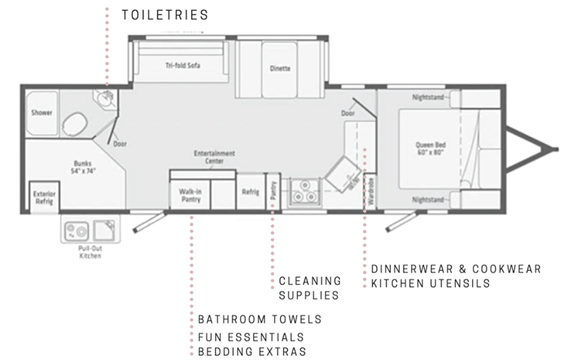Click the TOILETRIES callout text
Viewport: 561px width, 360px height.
pos(165,15)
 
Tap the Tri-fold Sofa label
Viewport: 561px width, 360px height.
pos(183,65)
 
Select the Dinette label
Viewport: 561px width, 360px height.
pos(280,68)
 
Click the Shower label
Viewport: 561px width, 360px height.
pos(41,113)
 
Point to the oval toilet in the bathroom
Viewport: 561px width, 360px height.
pos(74,124)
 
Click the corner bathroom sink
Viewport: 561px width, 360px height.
pos(106,98)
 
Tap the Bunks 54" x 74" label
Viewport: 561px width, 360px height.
pos(83,167)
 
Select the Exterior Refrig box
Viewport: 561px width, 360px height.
pos(45,197)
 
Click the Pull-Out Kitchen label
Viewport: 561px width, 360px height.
pos(90,252)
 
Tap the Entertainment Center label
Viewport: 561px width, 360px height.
pos(214,157)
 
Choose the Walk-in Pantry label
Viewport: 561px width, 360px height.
pos(190,196)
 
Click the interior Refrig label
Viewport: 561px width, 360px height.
pos(250,192)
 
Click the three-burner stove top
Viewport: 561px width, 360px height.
pos(304,193)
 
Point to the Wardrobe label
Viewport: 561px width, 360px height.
pos(371,191)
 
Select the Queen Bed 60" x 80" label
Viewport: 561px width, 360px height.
pos(431,148)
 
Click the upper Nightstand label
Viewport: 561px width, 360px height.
pos(428,97)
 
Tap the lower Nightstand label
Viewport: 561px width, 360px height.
pos(428,200)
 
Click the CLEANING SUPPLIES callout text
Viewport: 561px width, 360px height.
pos(310,288)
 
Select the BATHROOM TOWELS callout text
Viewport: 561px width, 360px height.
pos(259,319)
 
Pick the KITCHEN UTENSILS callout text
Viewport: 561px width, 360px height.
pos(431,283)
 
